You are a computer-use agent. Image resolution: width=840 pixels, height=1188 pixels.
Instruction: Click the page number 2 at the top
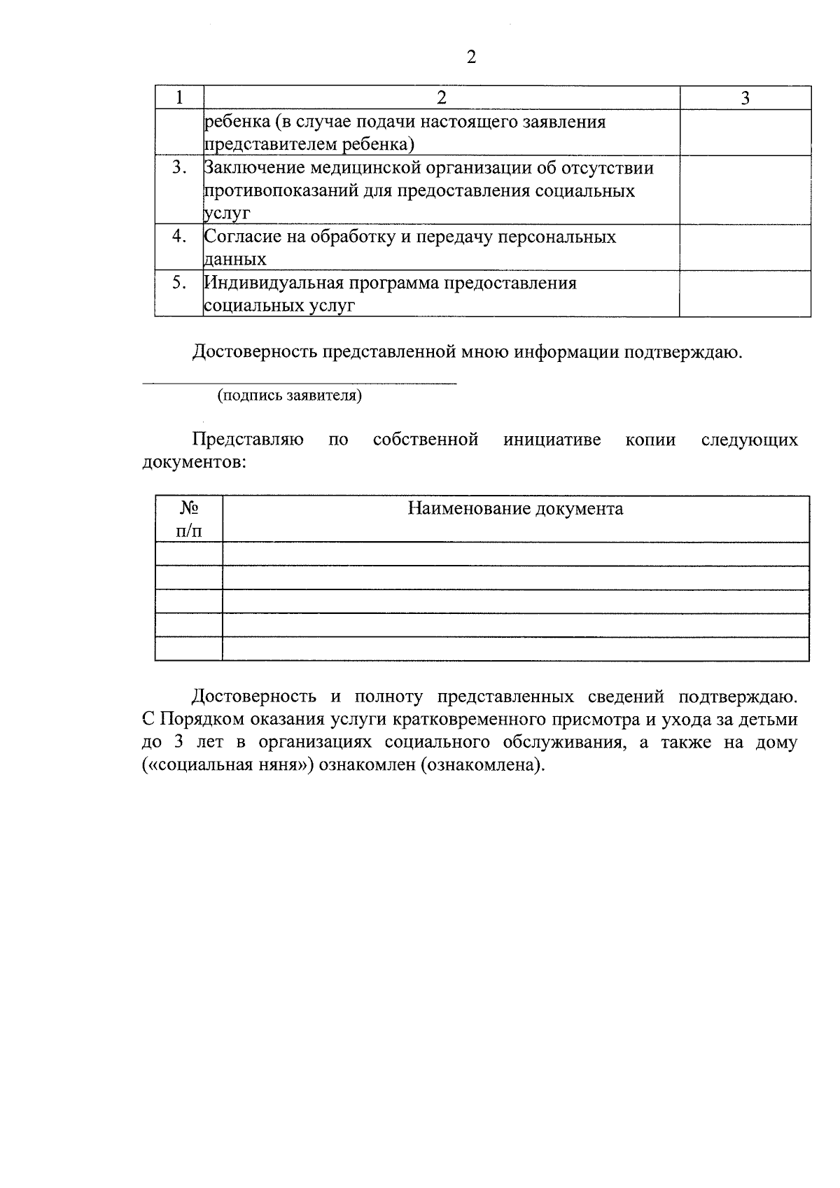click(x=470, y=57)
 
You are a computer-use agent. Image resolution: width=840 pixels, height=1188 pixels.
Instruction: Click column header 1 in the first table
click(x=179, y=98)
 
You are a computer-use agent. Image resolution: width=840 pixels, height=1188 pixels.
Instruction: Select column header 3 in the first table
click(x=745, y=98)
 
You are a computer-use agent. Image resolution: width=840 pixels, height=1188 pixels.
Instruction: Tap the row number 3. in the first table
click(x=179, y=167)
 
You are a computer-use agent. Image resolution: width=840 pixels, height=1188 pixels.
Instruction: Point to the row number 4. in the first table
click(x=179, y=236)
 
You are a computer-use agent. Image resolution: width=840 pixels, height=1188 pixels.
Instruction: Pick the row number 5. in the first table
click(x=179, y=282)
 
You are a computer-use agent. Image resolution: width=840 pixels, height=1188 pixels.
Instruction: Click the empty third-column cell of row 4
click(x=745, y=247)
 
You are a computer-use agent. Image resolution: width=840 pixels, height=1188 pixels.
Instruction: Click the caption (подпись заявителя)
click(x=290, y=396)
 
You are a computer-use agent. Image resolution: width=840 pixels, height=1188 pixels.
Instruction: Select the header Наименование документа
click(x=515, y=509)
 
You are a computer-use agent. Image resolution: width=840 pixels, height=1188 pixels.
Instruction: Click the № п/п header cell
click(x=188, y=519)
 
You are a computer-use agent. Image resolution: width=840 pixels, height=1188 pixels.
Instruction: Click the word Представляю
click(x=248, y=440)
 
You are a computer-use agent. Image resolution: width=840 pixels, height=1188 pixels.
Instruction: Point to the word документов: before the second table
click(x=194, y=463)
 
